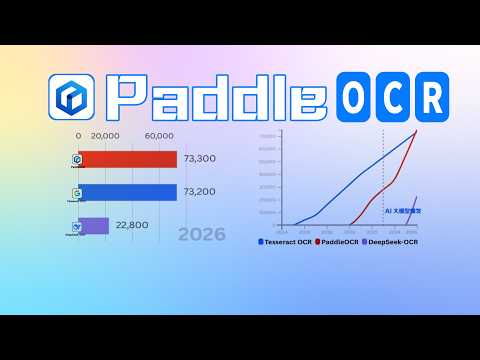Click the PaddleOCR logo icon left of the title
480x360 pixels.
(x=71, y=96)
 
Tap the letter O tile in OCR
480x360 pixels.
(x=358, y=97)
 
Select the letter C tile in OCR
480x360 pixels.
(x=394, y=97)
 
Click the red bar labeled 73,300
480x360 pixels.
(x=127, y=160)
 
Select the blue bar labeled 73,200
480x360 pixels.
(x=127, y=192)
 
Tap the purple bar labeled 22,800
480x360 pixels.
(x=94, y=226)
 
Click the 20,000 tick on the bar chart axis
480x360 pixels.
(x=106, y=136)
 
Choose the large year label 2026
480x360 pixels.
(x=201, y=236)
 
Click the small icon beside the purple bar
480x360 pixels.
(x=76, y=226)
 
